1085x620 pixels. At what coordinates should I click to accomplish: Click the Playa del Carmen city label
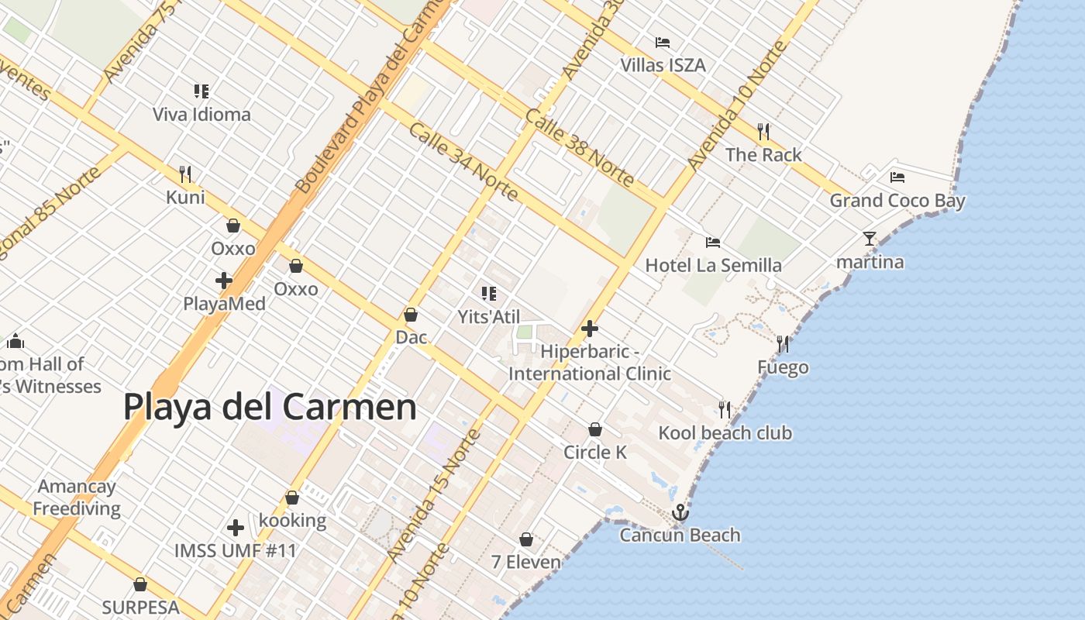coord(270,407)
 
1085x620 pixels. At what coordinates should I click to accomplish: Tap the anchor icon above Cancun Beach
coord(680,512)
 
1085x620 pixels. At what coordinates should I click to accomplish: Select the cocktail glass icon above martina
coord(870,239)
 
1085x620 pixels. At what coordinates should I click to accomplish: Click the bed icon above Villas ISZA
coord(663,42)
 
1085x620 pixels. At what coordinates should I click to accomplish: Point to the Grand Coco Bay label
coord(897,201)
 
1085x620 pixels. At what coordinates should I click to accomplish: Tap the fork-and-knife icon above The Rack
coord(763,131)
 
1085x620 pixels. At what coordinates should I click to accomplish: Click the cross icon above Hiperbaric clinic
coord(590,329)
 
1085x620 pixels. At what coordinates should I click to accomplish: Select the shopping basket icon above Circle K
coord(595,429)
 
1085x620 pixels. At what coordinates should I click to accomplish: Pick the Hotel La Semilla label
coord(714,265)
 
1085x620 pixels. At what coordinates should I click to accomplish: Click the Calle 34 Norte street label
coord(463,161)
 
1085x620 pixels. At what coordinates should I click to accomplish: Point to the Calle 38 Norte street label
coord(580,147)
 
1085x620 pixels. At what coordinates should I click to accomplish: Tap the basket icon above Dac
coord(411,315)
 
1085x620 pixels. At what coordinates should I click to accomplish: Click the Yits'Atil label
coord(489,316)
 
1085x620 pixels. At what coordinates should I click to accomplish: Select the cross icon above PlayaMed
coord(224,280)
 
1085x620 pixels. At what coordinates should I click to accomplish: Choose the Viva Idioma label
coord(201,115)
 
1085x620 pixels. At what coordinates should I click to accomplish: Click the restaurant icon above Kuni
coord(185,174)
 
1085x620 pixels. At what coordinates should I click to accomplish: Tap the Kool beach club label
coord(725,432)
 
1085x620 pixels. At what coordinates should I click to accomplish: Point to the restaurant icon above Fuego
coord(783,344)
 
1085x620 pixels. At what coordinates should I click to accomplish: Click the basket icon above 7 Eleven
coord(526,539)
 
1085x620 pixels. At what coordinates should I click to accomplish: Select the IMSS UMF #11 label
coord(236,551)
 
